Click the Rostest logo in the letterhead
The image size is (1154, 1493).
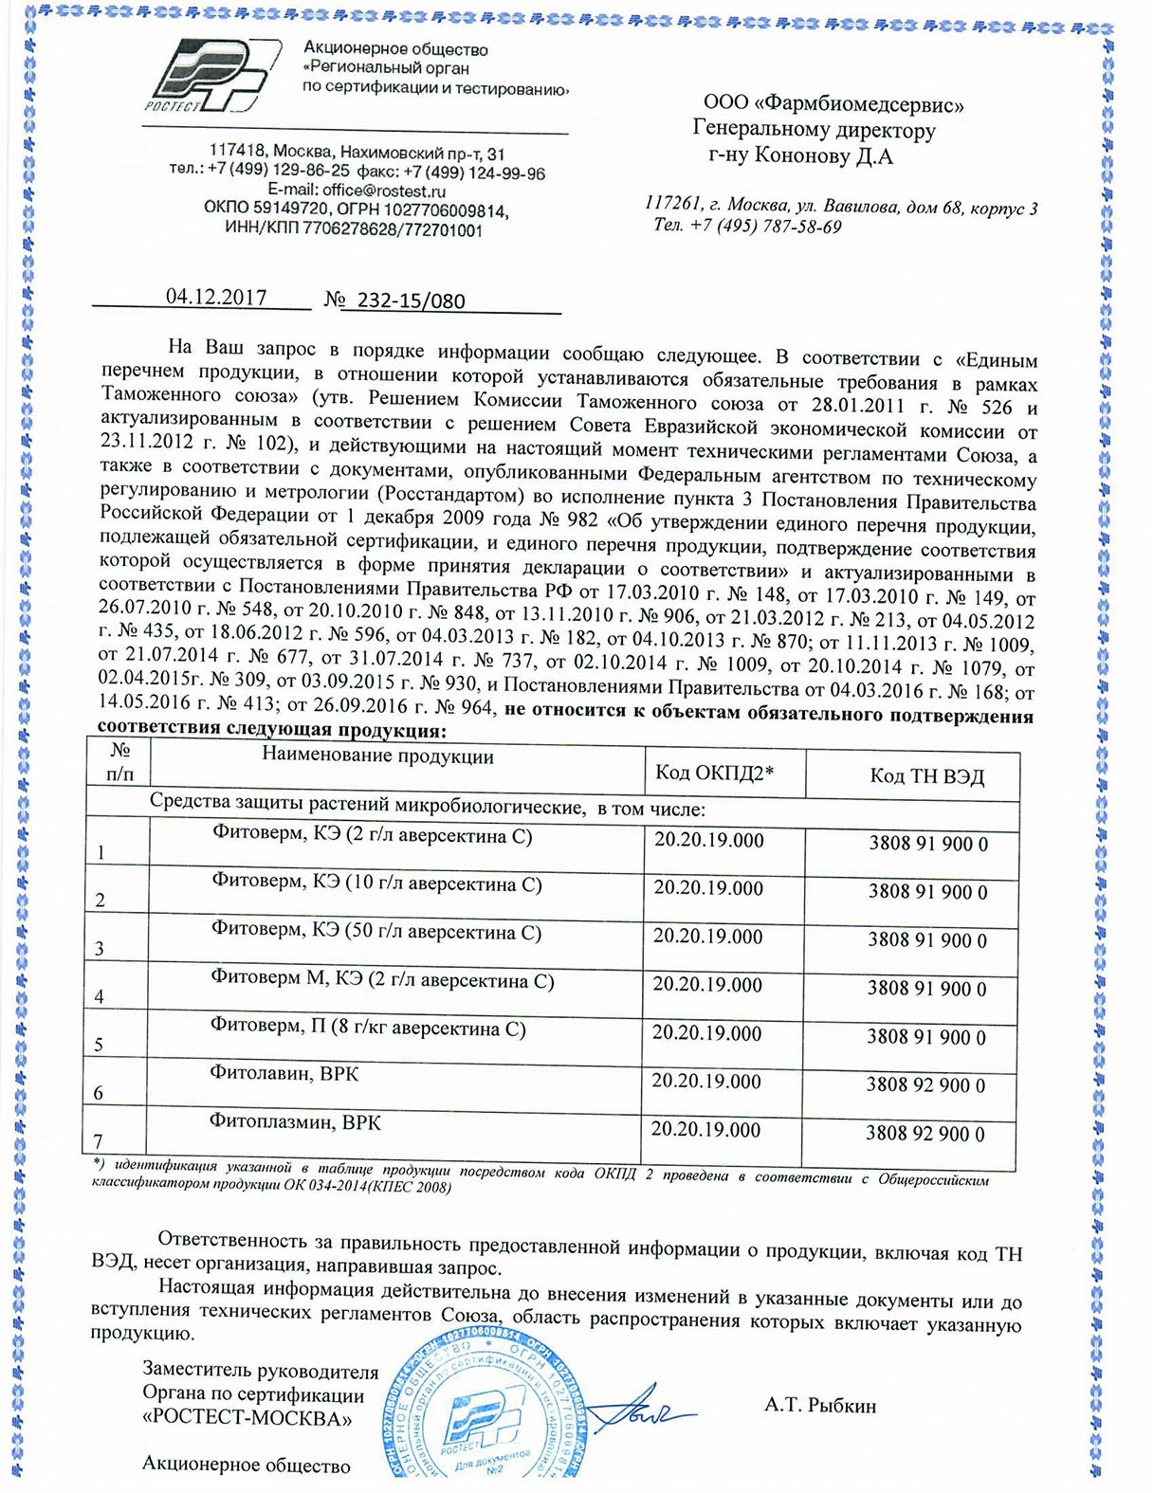click(211, 78)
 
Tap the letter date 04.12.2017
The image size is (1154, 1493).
click(216, 297)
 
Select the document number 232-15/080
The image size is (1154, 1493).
click(411, 301)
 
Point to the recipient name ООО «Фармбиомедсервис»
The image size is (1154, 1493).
click(833, 104)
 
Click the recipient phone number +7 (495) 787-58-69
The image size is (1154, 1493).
click(766, 227)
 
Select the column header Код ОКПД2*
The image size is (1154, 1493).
click(714, 773)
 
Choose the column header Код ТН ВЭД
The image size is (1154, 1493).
click(926, 776)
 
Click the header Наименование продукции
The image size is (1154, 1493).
click(377, 756)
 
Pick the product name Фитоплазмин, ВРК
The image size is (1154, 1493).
click(295, 1122)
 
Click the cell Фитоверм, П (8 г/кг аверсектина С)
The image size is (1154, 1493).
click(367, 1028)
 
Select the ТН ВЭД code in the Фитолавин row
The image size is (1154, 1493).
click(925, 1085)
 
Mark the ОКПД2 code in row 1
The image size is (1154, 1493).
click(708, 840)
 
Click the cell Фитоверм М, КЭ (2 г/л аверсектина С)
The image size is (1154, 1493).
click(381, 980)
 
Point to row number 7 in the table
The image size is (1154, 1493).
click(98, 1140)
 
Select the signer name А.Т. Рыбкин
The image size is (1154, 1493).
click(819, 1406)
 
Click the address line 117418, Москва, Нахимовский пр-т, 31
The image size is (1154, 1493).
click(357, 153)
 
